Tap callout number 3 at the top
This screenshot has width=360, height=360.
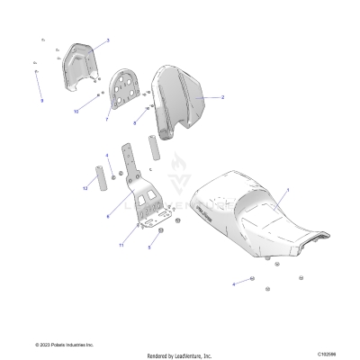point(107,40)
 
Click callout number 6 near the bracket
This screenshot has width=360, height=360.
point(107,216)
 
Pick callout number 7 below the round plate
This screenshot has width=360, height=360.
point(107,119)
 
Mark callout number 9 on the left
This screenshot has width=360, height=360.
point(40,101)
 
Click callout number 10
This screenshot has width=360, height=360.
point(76,111)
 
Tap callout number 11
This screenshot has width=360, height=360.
point(120,245)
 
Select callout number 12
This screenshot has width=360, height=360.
point(85,188)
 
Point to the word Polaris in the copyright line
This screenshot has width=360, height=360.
point(59,344)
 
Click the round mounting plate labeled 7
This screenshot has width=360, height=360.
point(126,91)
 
